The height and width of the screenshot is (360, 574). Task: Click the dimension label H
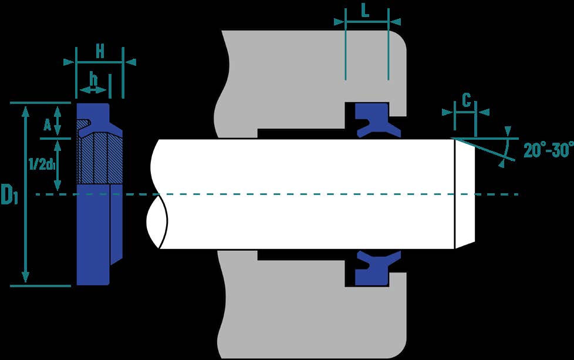[x=100, y=51]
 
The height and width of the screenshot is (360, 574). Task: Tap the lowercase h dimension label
[x=94, y=78]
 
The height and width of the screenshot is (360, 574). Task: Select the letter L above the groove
[x=365, y=11]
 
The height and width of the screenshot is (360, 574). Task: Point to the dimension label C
[x=466, y=100]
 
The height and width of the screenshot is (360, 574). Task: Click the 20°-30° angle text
[x=548, y=150]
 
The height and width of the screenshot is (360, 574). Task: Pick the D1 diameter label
[x=9, y=194]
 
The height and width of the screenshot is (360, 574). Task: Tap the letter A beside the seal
[x=47, y=125]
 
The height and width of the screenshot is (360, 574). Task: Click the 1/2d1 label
[x=42, y=164]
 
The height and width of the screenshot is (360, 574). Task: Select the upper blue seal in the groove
[x=377, y=120]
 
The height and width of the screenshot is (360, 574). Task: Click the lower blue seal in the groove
[x=377, y=268]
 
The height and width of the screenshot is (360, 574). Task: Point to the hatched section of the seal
[x=100, y=157]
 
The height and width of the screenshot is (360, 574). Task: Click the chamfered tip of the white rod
[x=465, y=194]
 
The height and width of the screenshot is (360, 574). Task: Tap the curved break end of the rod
[x=157, y=194]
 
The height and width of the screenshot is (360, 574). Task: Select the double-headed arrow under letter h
[x=93, y=90]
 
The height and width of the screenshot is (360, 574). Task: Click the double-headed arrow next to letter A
[x=57, y=120]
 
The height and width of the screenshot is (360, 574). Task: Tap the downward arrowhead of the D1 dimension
[x=25, y=277]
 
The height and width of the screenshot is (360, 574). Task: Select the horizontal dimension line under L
[x=367, y=22]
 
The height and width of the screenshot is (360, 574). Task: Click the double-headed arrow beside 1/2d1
[x=57, y=166]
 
